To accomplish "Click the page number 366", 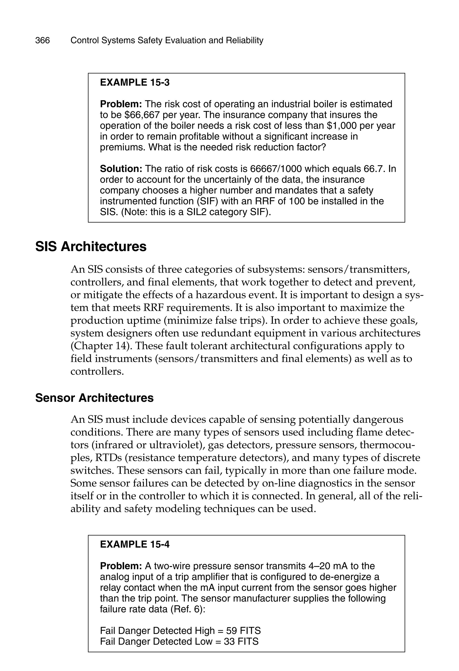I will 42,40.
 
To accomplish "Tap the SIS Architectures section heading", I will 91,247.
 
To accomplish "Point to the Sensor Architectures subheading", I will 94,398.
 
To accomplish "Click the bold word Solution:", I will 121,169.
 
